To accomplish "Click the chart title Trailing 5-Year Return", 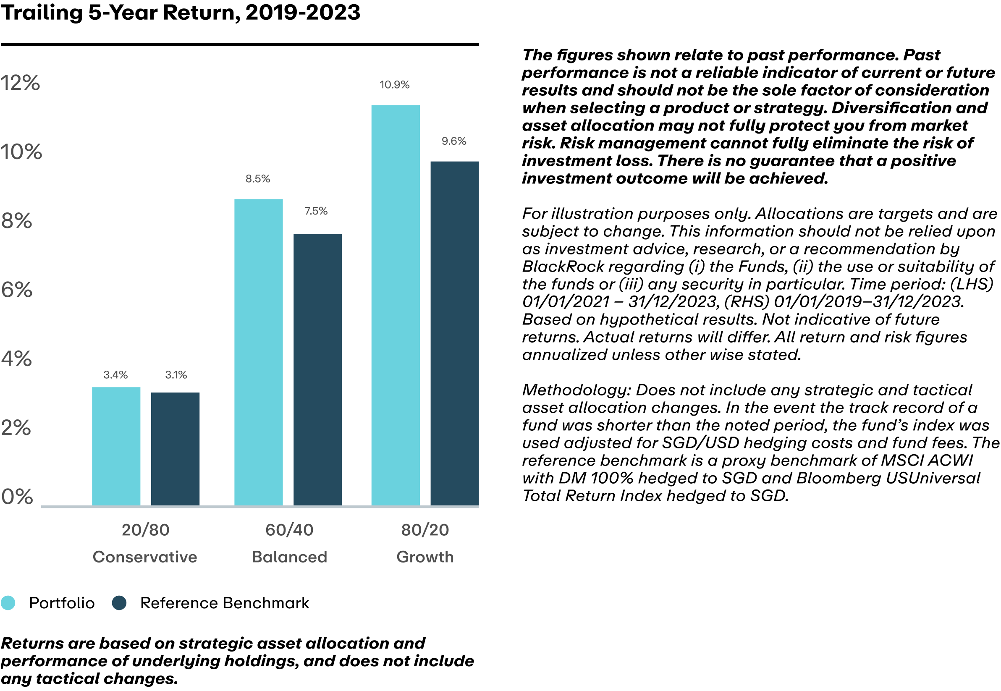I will click(x=180, y=12).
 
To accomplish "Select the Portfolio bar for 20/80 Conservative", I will click(x=116, y=446).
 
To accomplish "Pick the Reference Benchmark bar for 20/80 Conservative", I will click(x=176, y=448).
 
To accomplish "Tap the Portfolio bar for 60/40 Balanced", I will click(x=259, y=352).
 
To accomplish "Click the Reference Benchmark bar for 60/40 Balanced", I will click(x=317, y=369).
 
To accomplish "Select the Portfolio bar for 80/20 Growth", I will click(x=395, y=305).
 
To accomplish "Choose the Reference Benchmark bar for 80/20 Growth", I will click(x=454, y=333).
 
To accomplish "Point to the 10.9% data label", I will click(x=394, y=85).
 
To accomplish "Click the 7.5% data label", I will click(x=316, y=211).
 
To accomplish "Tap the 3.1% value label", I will click(x=176, y=375).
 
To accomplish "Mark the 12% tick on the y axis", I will click(x=20, y=83).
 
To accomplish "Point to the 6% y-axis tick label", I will click(x=16, y=290).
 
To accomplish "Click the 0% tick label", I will click(x=17, y=497).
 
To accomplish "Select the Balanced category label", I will click(x=289, y=557).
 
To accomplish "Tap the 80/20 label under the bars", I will click(x=425, y=530).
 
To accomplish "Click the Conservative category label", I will click(x=144, y=557).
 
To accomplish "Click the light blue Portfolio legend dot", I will click(x=8, y=603).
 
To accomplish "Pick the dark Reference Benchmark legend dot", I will click(x=119, y=603).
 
